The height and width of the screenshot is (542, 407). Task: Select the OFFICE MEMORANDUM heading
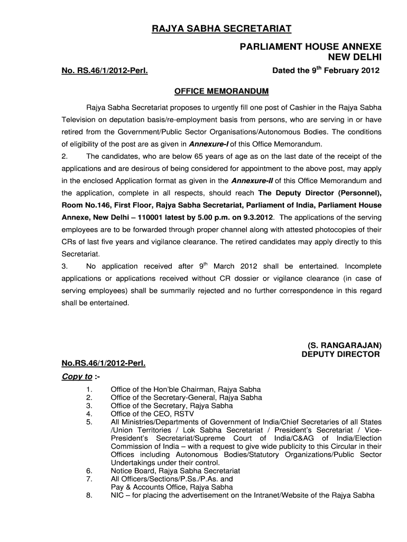pos(221,91)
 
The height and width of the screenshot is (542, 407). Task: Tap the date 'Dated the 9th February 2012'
pos(326,70)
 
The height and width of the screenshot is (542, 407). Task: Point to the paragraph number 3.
pos(64,266)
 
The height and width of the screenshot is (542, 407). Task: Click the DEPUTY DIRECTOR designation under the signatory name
pos(340,354)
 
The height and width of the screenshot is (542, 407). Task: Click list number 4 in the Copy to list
pos(89,414)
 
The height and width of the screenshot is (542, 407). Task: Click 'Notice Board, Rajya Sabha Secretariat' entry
pos(175,471)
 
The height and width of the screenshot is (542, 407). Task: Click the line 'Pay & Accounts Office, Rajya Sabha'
pos(171,487)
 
